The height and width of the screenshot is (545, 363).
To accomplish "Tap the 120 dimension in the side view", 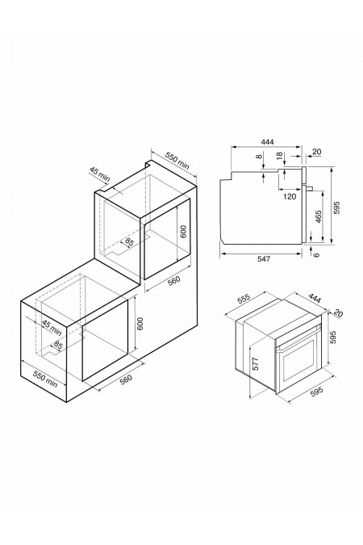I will pos(290,196).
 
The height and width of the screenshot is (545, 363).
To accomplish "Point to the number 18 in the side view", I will pos(280,158).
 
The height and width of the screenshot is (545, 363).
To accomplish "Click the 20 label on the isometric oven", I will pos(340,314).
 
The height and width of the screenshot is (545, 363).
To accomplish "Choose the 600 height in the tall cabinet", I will pos(184,233).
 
